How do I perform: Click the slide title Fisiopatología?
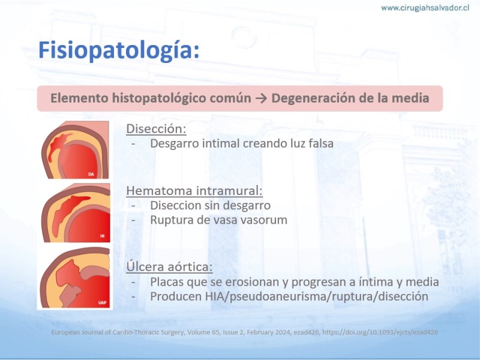tap(119, 50)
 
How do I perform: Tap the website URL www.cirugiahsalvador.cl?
tap(425, 8)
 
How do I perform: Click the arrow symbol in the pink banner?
tap(261, 98)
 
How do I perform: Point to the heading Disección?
tap(156, 129)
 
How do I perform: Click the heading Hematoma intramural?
tap(194, 191)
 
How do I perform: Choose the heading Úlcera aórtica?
tap(169, 266)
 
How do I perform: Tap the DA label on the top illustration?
tap(91, 174)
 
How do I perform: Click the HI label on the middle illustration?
tap(102, 236)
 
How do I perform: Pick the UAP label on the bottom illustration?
tap(102, 303)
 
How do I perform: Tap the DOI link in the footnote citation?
tap(380, 332)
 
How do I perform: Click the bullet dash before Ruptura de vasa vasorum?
tap(133, 220)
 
